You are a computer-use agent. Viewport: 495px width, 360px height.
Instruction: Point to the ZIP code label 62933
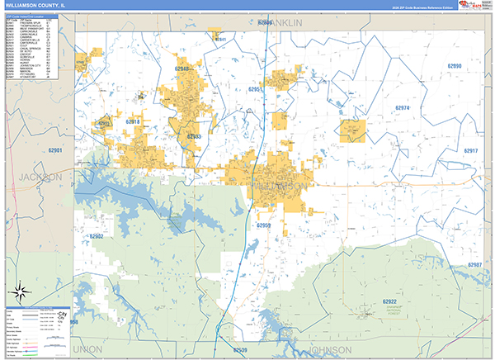pos(195,136)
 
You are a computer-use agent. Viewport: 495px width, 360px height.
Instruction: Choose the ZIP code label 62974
pos(402,108)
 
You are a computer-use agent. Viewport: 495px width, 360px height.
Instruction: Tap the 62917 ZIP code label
pos(470,151)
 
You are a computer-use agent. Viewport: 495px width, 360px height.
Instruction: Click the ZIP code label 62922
pos(391,302)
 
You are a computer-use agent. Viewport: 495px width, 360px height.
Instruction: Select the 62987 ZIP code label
pos(474,265)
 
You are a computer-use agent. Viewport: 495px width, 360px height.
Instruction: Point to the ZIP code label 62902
pos(97,237)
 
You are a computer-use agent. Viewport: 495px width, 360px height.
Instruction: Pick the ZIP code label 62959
pos(264,225)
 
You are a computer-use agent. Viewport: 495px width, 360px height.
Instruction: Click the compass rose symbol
pos(20,290)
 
